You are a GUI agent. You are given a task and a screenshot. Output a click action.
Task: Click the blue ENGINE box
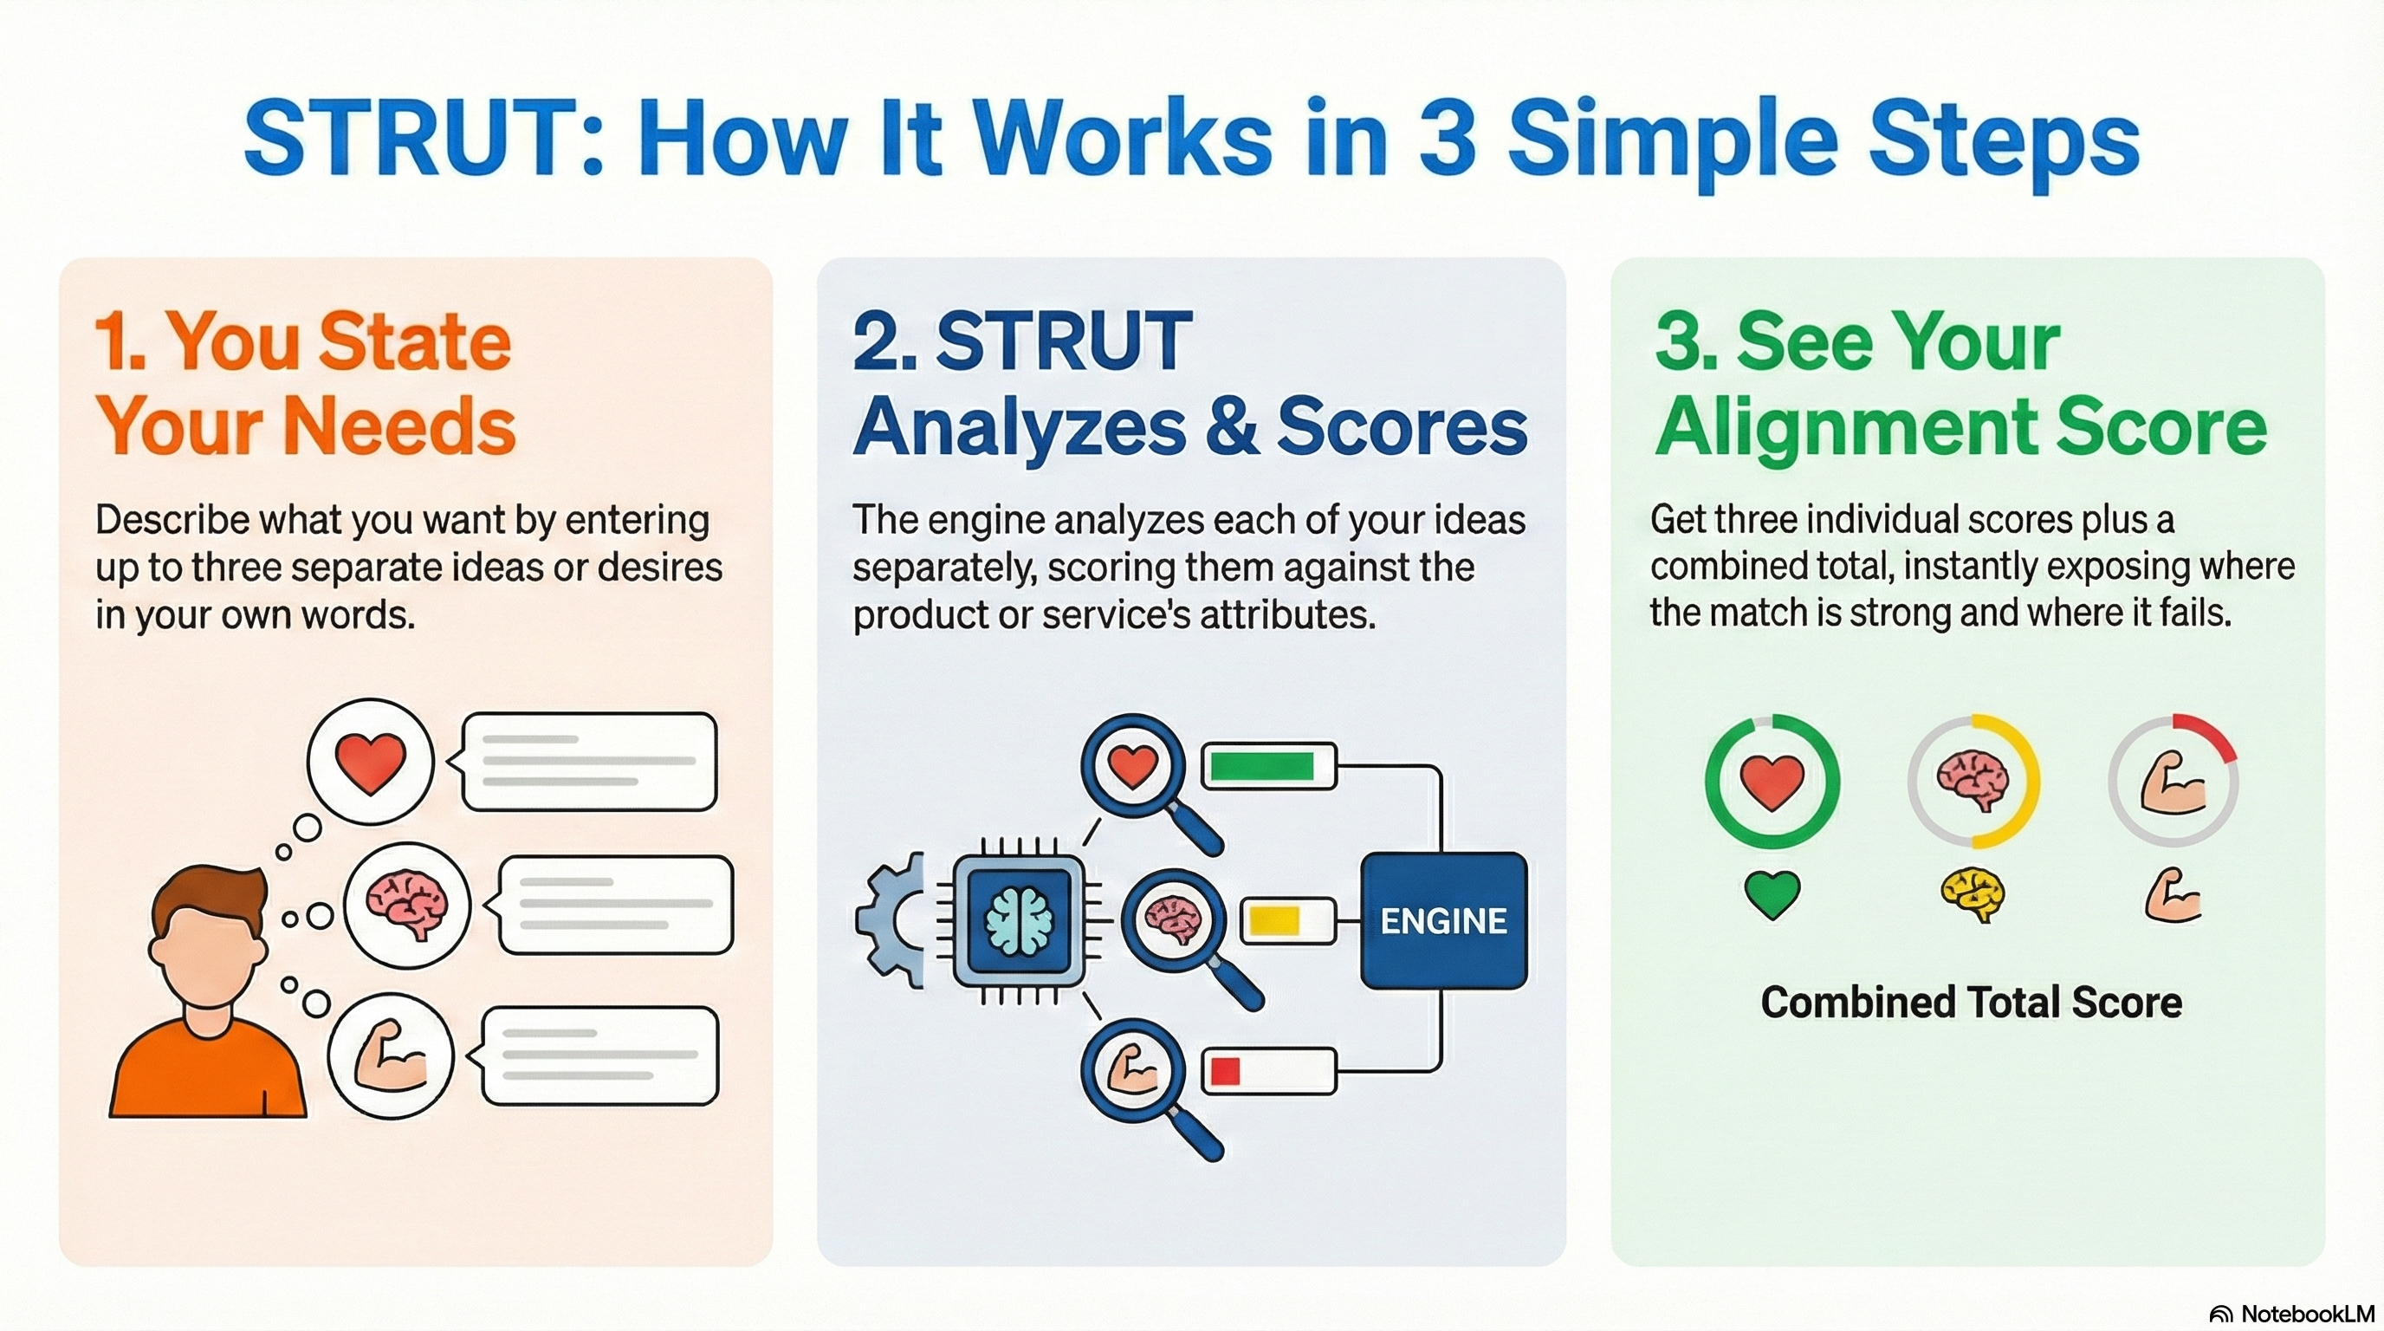pyautogui.click(x=1443, y=920)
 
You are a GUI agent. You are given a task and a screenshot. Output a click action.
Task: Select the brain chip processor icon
pyautogui.click(x=1019, y=920)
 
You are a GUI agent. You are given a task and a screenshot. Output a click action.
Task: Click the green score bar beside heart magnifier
pyautogui.click(x=1267, y=765)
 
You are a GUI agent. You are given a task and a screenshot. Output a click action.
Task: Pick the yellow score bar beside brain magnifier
pyautogui.click(x=1286, y=920)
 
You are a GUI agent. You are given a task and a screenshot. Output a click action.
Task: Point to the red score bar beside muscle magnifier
pyautogui.click(x=1268, y=1071)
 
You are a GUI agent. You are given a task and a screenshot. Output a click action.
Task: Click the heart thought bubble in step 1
pyautogui.click(x=370, y=762)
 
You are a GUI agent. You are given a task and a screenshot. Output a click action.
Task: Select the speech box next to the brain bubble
pyautogui.click(x=615, y=905)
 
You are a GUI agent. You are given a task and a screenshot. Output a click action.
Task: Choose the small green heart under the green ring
pyautogui.click(x=1772, y=894)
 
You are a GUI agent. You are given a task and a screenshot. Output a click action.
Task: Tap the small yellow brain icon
pyautogui.click(x=1973, y=894)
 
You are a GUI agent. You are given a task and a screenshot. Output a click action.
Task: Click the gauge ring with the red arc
pyautogui.click(x=2172, y=780)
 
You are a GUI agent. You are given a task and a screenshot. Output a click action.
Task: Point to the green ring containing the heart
pyautogui.click(x=1772, y=780)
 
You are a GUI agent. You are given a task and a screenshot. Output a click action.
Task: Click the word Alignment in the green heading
pyautogui.click(x=1842, y=426)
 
